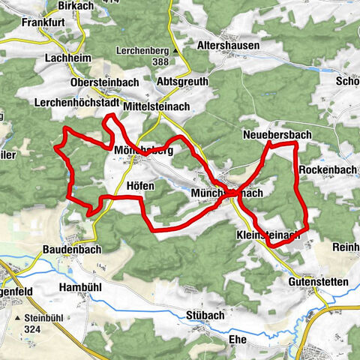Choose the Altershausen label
click(x=228, y=46)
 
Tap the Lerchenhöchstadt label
click(x=77, y=102)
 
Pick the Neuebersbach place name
click(x=277, y=134)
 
